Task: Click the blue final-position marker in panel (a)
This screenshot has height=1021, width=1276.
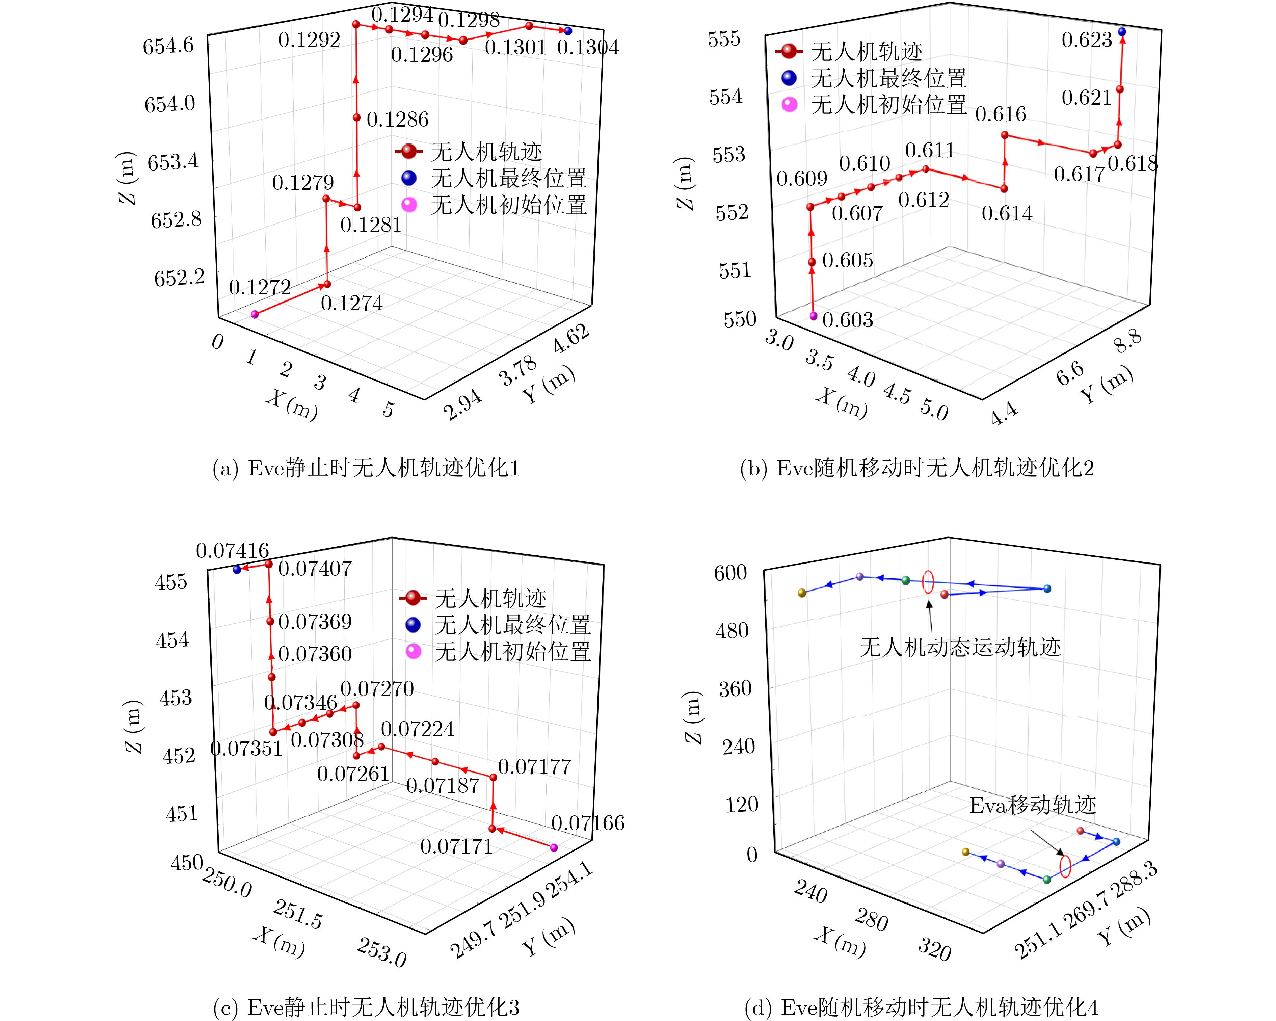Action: pos(568,31)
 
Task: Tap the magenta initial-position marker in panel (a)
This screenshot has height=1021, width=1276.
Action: pos(255,314)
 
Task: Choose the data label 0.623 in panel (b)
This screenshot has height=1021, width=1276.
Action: pos(1087,40)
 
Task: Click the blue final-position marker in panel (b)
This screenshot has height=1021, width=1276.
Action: pos(1121,31)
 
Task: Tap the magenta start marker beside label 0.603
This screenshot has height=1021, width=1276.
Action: pos(813,316)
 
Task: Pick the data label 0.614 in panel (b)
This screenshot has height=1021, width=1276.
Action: pos(1007,213)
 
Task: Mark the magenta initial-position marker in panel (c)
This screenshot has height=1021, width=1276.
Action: pos(554,847)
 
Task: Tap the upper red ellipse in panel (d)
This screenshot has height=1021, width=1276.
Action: pos(928,582)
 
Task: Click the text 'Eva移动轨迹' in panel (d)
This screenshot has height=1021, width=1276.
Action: pos(1033,805)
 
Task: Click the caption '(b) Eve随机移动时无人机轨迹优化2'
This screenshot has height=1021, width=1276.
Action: pos(917,468)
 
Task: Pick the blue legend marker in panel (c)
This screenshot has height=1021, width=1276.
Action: pos(413,624)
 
